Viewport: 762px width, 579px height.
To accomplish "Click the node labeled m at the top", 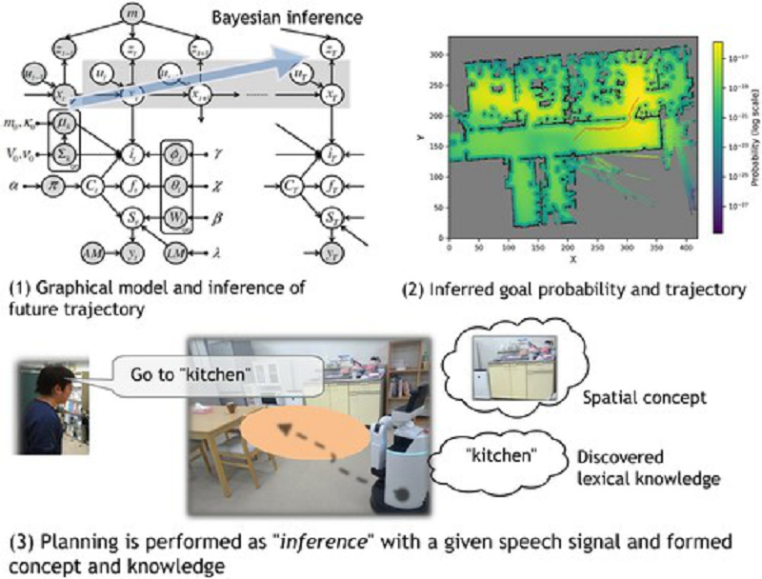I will coord(131,13).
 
